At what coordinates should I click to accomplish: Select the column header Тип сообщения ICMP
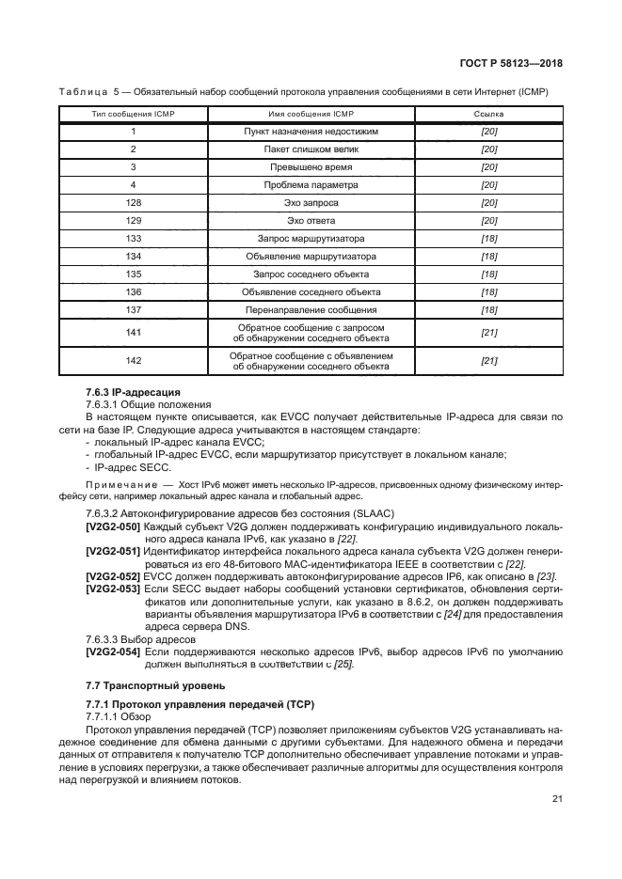pyautogui.click(x=134, y=114)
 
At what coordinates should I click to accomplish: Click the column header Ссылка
pyautogui.click(x=488, y=114)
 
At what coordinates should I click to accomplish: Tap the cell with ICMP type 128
pyautogui.click(x=134, y=202)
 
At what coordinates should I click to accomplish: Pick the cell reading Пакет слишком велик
pyautogui.click(x=311, y=149)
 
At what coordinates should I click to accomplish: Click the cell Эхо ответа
pyautogui.click(x=311, y=220)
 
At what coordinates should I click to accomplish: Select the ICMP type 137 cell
pyautogui.click(x=134, y=309)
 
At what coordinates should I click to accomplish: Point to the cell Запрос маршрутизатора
pyautogui.click(x=311, y=238)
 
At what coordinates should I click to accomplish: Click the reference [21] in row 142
pyautogui.click(x=488, y=361)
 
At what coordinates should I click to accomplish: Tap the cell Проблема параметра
pyautogui.click(x=311, y=185)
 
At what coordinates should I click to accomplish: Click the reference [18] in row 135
pyautogui.click(x=488, y=274)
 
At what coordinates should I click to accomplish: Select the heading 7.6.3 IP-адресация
pyautogui.click(x=133, y=391)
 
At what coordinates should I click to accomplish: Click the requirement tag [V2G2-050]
pyautogui.click(x=113, y=526)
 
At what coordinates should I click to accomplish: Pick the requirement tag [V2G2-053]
pyautogui.click(x=113, y=585)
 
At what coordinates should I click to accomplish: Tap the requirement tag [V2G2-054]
pyautogui.click(x=113, y=651)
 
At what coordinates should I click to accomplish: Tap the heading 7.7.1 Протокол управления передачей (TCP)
pyautogui.click(x=199, y=704)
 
